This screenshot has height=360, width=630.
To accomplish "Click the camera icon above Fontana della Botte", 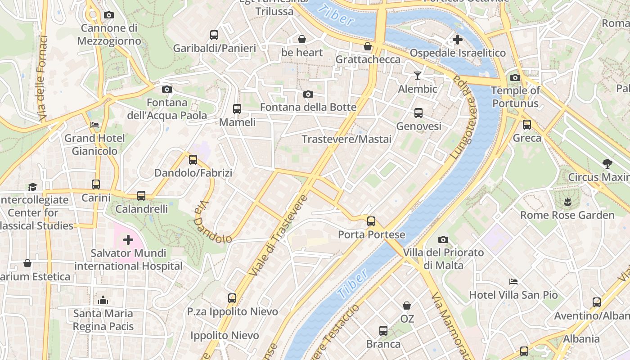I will [308, 94].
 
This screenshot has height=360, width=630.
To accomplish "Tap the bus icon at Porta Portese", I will [371, 221].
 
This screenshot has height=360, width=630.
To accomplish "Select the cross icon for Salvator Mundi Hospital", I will [128, 240].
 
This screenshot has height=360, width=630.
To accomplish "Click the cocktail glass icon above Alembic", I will [418, 76].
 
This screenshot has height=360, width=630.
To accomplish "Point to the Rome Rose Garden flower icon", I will [567, 202].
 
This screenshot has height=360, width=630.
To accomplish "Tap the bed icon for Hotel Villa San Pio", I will [513, 282].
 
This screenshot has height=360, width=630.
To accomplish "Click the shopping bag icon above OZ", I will [407, 306].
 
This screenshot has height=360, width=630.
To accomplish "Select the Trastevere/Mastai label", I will [346, 139].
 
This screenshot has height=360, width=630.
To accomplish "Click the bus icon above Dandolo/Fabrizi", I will [193, 159].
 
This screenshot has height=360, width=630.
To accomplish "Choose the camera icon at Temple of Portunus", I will [515, 77].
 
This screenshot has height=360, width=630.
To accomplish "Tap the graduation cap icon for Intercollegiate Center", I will [32, 186].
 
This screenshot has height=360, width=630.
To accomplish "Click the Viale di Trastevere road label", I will [279, 235].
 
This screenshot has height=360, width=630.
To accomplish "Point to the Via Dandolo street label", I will [211, 223].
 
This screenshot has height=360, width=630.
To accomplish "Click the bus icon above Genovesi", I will [418, 113].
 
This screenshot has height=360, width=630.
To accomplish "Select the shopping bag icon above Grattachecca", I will [368, 46].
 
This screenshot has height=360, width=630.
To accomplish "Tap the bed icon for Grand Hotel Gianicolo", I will [94, 125].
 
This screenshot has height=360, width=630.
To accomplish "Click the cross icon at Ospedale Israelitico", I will [458, 40].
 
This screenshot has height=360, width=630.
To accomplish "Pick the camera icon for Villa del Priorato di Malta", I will [443, 239].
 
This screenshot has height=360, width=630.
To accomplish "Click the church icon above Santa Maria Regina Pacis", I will [103, 300].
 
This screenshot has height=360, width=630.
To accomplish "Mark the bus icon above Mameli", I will [237, 109].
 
